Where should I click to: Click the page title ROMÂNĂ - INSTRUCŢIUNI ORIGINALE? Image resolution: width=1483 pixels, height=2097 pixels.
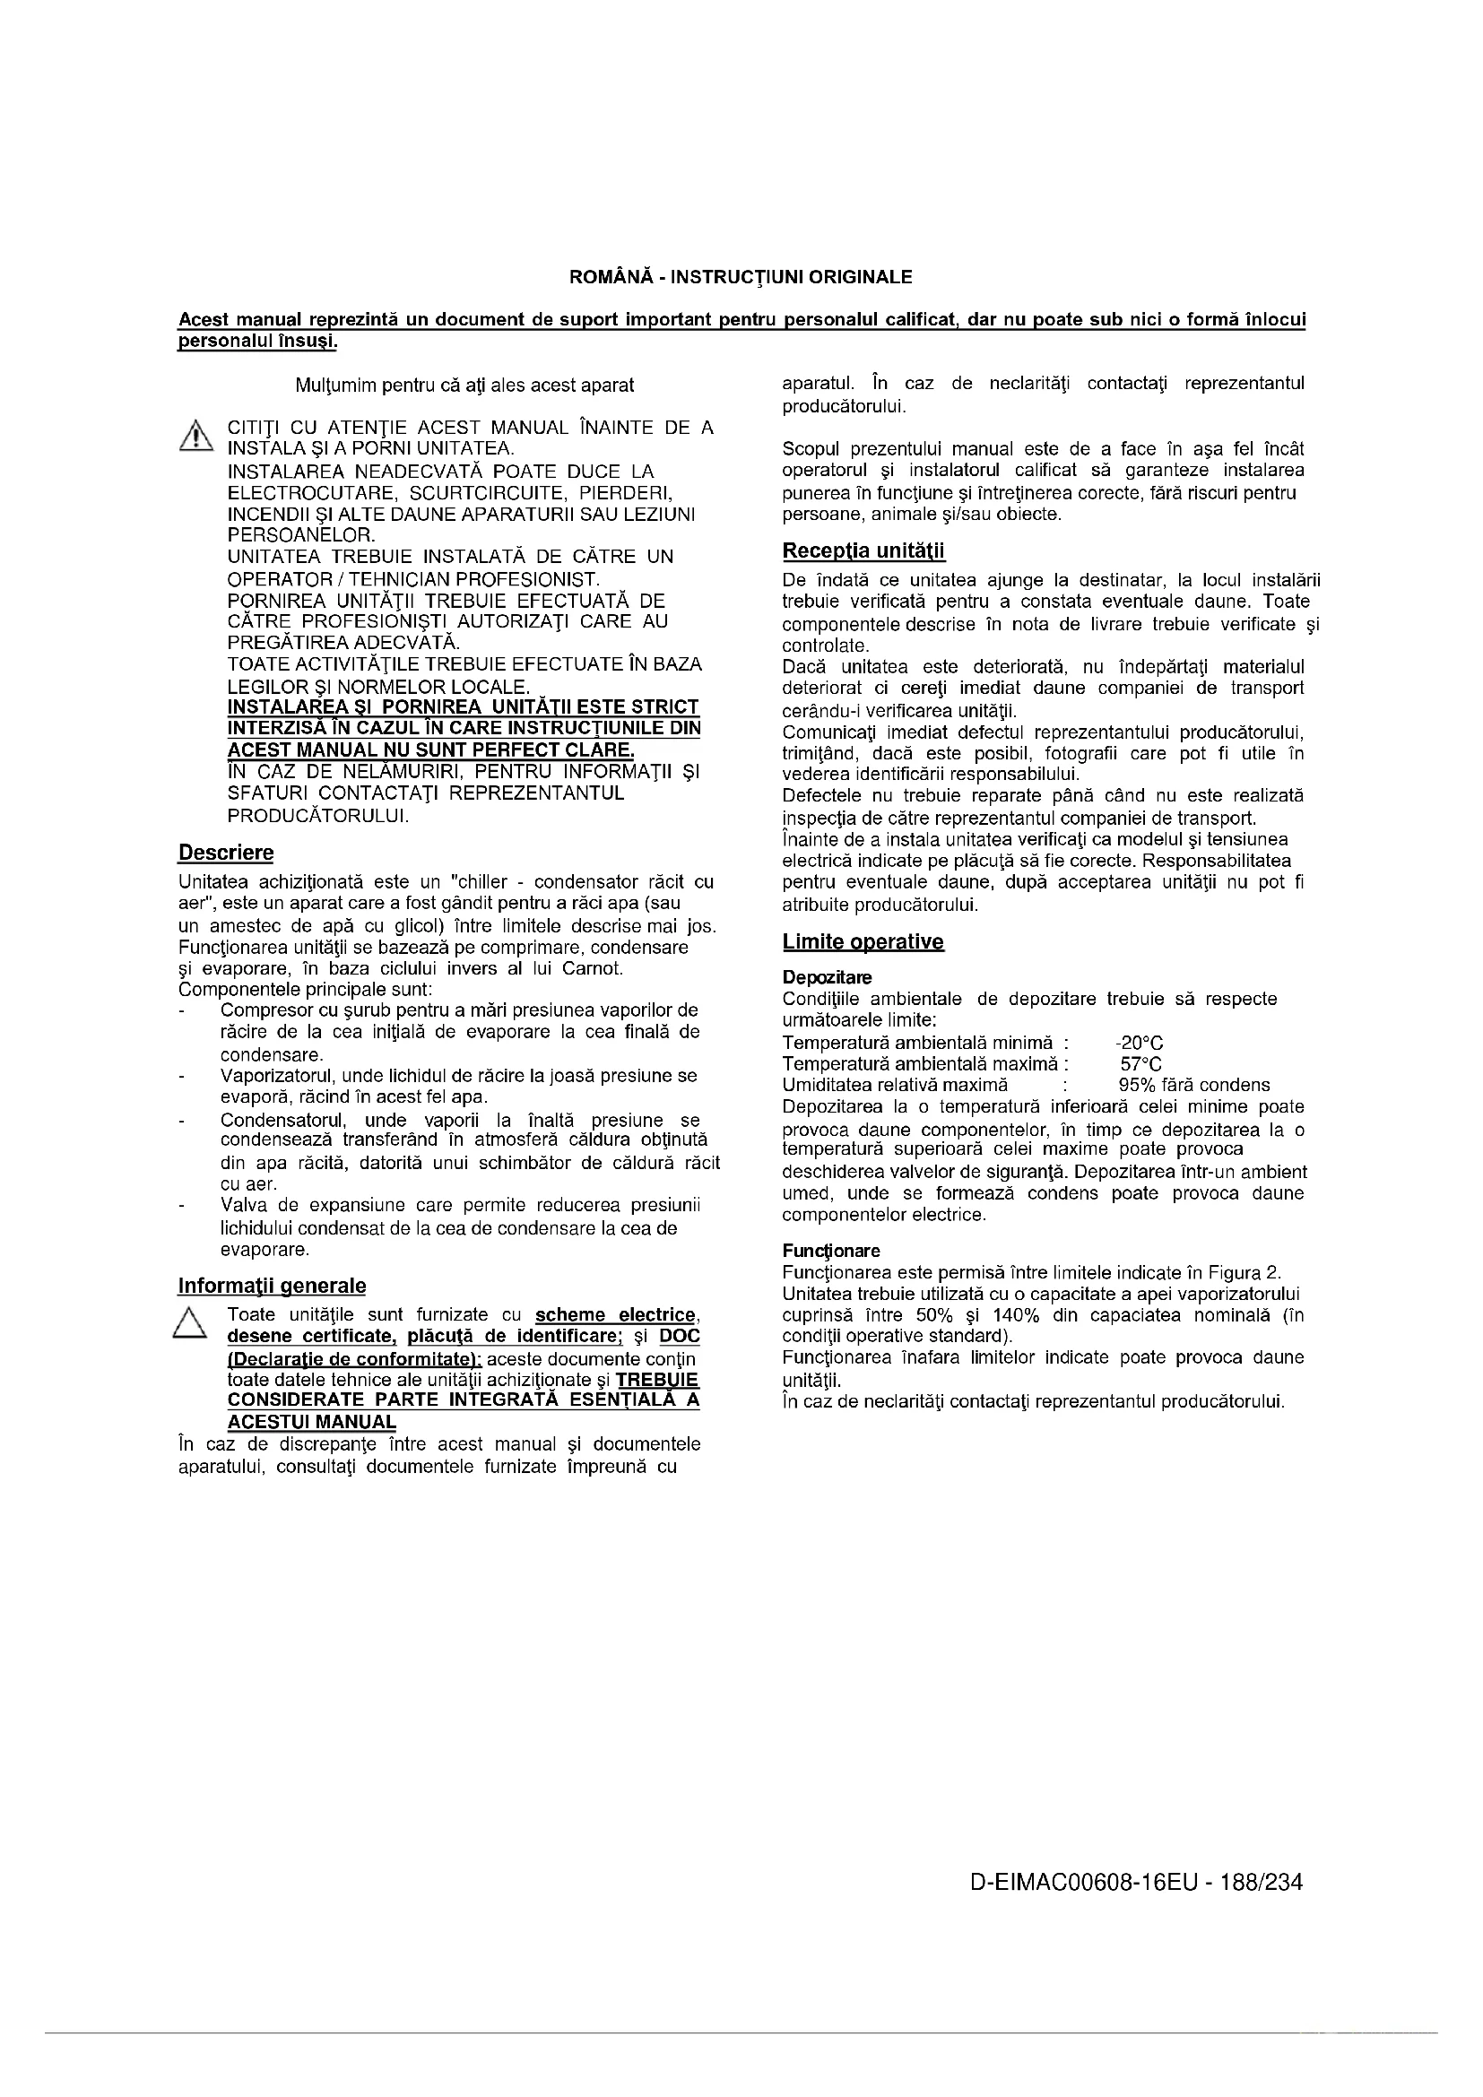click(x=741, y=276)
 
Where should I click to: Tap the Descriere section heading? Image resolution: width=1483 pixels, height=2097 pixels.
click(x=226, y=853)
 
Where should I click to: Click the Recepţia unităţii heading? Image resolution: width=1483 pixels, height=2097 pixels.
click(x=863, y=551)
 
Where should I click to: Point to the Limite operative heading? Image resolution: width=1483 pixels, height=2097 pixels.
click(x=863, y=941)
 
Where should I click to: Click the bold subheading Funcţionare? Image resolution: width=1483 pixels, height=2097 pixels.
click(x=831, y=1251)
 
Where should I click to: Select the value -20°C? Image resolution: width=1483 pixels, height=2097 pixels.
click(x=1139, y=1043)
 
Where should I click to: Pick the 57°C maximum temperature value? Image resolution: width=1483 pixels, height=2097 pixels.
click(x=1140, y=1064)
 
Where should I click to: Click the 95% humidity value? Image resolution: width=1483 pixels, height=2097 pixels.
click(x=1136, y=1085)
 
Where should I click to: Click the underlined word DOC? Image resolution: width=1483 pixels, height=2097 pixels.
click(x=680, y=1336)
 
